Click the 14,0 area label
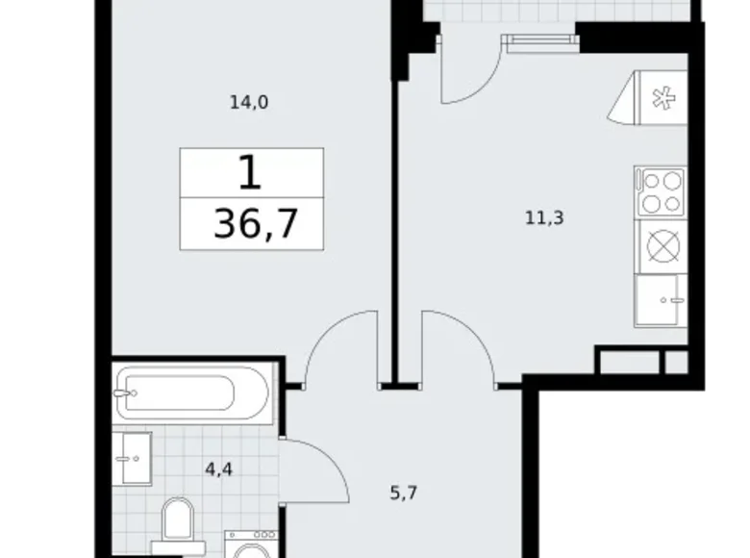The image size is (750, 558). coord(248,103)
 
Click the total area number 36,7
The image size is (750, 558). coord(255,226)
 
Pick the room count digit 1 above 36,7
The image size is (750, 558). coord(249,173)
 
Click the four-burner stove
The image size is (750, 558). coord(660,190)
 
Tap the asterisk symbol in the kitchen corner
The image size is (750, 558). coord(660,98)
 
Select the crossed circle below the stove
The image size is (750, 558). coord(662,247)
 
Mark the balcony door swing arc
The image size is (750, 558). coord(466,77)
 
